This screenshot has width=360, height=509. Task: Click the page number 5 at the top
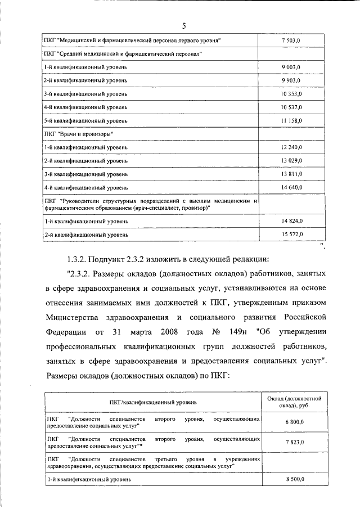(183, 25)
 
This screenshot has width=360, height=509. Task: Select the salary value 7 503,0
(291, 40)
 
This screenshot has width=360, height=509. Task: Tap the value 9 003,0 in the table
(291, 67)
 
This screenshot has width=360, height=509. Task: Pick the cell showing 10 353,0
(291, 93)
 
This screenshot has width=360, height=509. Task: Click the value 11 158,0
(291, 120)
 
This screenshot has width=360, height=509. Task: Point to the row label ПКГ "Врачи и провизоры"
(79, 134)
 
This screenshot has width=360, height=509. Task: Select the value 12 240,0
(291, 147)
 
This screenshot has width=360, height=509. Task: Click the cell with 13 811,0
(291, 174)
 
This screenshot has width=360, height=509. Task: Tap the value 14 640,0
(291, 187)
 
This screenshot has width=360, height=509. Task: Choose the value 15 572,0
(291, 234)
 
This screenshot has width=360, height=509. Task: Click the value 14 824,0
(291, 221)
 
